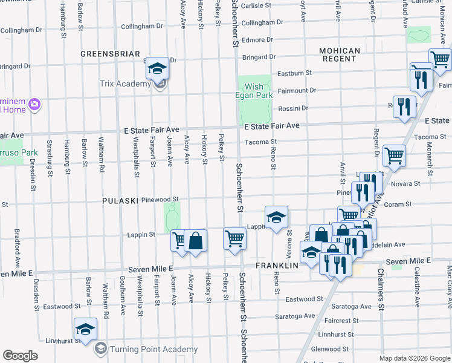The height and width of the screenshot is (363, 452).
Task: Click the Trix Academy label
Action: (x=126, y=84)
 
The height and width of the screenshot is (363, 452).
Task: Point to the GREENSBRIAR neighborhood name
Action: (x=111, y=53)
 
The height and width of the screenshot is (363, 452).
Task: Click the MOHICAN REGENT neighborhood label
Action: (x=340, y=54)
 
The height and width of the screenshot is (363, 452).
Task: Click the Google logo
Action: (x=21, y=356)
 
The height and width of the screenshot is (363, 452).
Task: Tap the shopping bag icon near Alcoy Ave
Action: (x=196, y=240)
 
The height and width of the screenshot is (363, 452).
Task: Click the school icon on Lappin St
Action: (x=276, y=217)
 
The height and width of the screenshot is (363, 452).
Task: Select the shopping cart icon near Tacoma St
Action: (x=394, y=155)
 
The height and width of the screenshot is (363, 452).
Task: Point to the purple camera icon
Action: (x=34, y=105)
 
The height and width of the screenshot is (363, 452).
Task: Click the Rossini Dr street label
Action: (x=293, y=109)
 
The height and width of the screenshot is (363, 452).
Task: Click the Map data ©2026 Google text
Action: (x=414, y=358)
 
